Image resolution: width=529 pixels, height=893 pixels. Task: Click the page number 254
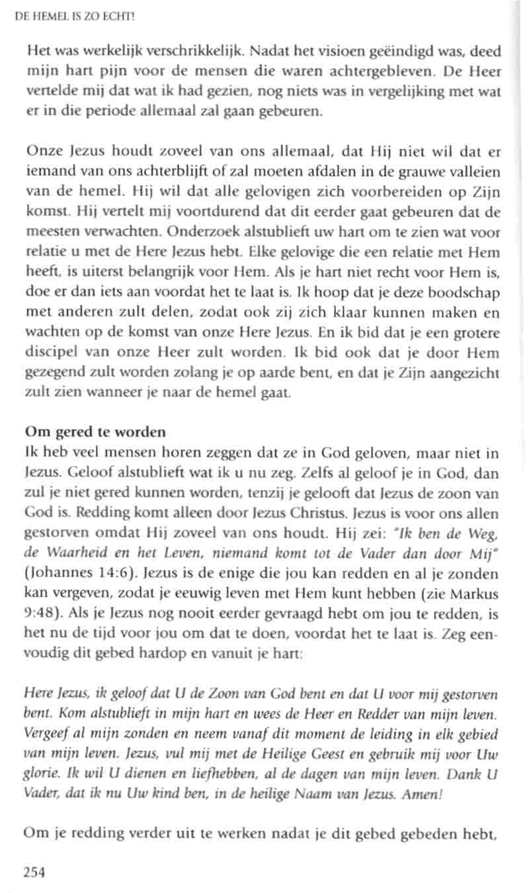point(34,872)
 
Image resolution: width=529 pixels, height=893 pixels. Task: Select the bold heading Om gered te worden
point(95,433)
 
